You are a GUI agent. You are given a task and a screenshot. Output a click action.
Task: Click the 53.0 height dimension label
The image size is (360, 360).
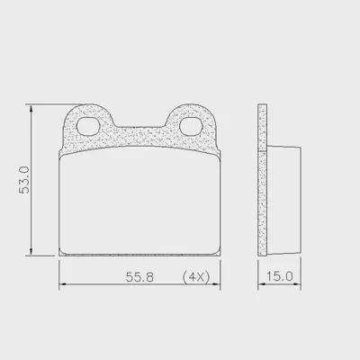24,180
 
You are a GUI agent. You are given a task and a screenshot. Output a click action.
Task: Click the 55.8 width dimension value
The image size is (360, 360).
139,277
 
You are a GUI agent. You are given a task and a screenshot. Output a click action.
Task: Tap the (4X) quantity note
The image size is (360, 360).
196,277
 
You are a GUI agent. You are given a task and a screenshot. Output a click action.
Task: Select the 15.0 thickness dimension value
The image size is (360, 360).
280,276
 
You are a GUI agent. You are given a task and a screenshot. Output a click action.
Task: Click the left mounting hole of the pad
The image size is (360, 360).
88,126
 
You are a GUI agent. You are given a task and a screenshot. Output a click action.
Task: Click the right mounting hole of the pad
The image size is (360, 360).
191,126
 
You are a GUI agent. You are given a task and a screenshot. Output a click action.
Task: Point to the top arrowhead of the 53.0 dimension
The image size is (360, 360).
31,109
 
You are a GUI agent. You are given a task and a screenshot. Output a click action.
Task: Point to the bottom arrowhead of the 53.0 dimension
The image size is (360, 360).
31,252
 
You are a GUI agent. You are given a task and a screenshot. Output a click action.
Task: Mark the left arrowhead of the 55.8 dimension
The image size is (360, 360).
63,283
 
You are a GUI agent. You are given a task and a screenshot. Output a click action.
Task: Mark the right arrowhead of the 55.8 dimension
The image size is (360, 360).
216,283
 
